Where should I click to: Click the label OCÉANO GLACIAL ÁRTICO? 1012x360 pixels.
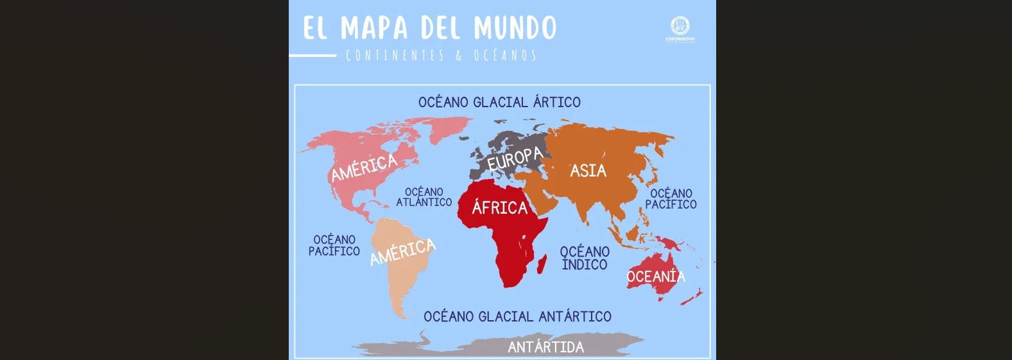(499, 102)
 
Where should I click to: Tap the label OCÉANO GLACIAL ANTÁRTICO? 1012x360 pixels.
(517, 316)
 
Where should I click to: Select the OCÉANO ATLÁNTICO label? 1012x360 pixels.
(424, 197)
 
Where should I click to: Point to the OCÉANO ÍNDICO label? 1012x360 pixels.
(585, 258)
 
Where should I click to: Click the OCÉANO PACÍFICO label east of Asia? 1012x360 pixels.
(671, 199)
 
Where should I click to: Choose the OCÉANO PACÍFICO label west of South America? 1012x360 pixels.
(334, 245)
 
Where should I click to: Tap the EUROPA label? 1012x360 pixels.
(515, 159)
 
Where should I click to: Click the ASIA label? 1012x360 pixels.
(588, 171)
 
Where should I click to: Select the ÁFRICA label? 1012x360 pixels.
(500, 207)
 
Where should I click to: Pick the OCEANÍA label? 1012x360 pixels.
(656, 277)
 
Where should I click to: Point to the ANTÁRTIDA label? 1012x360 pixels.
(545, 347)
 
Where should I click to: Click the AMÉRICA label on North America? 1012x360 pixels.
(364, 167)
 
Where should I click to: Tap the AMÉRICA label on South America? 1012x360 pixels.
(403, 252)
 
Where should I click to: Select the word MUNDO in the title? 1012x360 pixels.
(515, 28)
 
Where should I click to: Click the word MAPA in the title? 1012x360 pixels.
(374, 28)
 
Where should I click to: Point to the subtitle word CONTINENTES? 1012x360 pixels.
(395, 56)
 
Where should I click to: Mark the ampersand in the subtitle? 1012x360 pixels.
(459, 56)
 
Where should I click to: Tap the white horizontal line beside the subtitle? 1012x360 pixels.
(313, 56)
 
